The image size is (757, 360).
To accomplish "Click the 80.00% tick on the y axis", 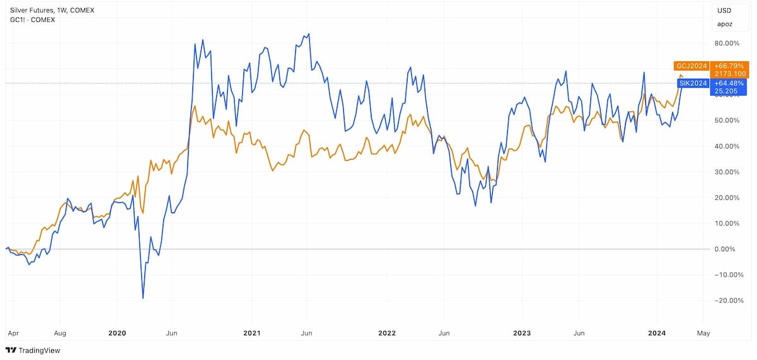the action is coord(727,44).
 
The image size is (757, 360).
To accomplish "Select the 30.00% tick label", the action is coord(727,172).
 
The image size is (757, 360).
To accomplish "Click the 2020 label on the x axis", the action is coord(117,334).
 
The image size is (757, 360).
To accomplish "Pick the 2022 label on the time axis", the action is coord(387,334).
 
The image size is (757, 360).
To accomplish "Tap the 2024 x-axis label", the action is coord(657,334).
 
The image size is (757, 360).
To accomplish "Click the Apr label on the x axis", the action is coord(13,334).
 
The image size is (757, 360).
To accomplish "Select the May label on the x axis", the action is coord(703,334).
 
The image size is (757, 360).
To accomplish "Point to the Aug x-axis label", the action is coord(60,334).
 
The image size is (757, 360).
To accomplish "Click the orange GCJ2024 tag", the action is coord(691,66).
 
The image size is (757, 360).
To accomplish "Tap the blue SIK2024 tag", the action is coord(693,83).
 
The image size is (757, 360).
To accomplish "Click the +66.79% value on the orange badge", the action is coord(729,66).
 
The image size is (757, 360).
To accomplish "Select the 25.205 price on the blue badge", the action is coord(726,91).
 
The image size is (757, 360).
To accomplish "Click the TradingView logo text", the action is coord(39,351).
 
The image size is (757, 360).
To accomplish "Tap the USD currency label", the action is coord(724,11).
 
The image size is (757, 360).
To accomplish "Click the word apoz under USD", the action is coord(725,25).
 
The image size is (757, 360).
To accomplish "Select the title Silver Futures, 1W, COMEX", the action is coord(52,11).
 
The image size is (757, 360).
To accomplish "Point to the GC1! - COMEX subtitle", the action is coord(32,20).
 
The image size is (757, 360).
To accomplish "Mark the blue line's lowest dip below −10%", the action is coord(143,298).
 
